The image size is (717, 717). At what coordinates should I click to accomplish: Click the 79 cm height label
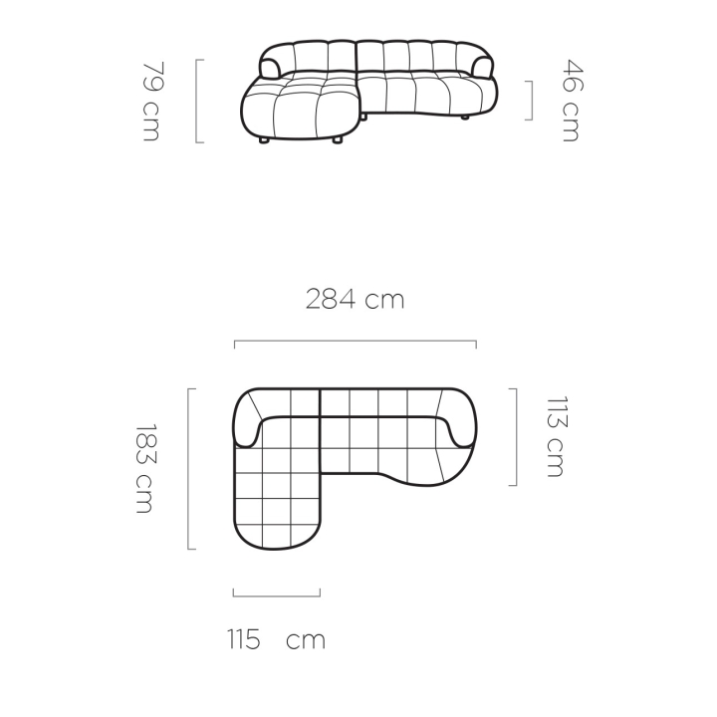pos(151,102)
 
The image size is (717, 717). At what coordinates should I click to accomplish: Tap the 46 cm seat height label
pos(572,101)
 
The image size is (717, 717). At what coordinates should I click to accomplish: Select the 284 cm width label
pos(355,300)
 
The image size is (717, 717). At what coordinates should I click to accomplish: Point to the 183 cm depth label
pos(146,469)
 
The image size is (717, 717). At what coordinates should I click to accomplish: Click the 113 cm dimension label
pos(556,437)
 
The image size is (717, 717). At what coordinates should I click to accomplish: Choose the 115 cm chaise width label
pos(276,638)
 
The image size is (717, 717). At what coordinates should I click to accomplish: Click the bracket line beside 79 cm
pos(197,101)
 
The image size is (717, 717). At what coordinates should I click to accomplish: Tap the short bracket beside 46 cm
pos(531,101)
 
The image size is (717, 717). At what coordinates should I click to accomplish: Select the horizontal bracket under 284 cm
pos(356,342)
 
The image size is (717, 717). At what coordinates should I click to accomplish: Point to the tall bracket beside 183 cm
pos(189,469)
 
